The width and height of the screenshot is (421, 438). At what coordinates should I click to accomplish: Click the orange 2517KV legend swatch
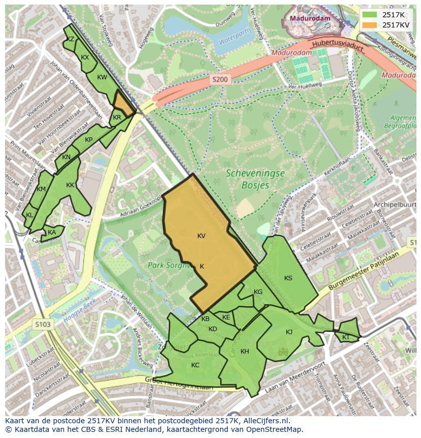(370, 25)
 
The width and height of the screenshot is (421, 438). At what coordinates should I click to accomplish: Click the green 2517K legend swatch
(370, 15)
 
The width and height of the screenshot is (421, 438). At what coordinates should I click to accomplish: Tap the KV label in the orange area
(201, 236)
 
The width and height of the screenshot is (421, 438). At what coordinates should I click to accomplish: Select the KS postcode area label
(288, 278)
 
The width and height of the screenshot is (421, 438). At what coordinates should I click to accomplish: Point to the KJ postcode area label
(289, 332)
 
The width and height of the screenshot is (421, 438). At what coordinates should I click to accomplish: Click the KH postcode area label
(245, 352)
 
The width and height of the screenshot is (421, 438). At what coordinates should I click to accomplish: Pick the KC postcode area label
(195, 365)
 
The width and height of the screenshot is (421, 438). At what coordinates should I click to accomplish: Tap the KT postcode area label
(346, 337)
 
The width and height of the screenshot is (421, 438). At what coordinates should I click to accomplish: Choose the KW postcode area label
(102, 77)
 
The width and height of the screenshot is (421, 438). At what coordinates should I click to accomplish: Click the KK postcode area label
(70, 185)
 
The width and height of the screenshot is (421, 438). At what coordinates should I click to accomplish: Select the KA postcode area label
(52, 232)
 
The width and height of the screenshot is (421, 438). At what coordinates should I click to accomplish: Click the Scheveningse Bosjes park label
(255, 179)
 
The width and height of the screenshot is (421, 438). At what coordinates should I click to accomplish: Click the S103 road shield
(44, 324)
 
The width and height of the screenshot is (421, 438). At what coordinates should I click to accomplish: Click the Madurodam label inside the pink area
(310, 18)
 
